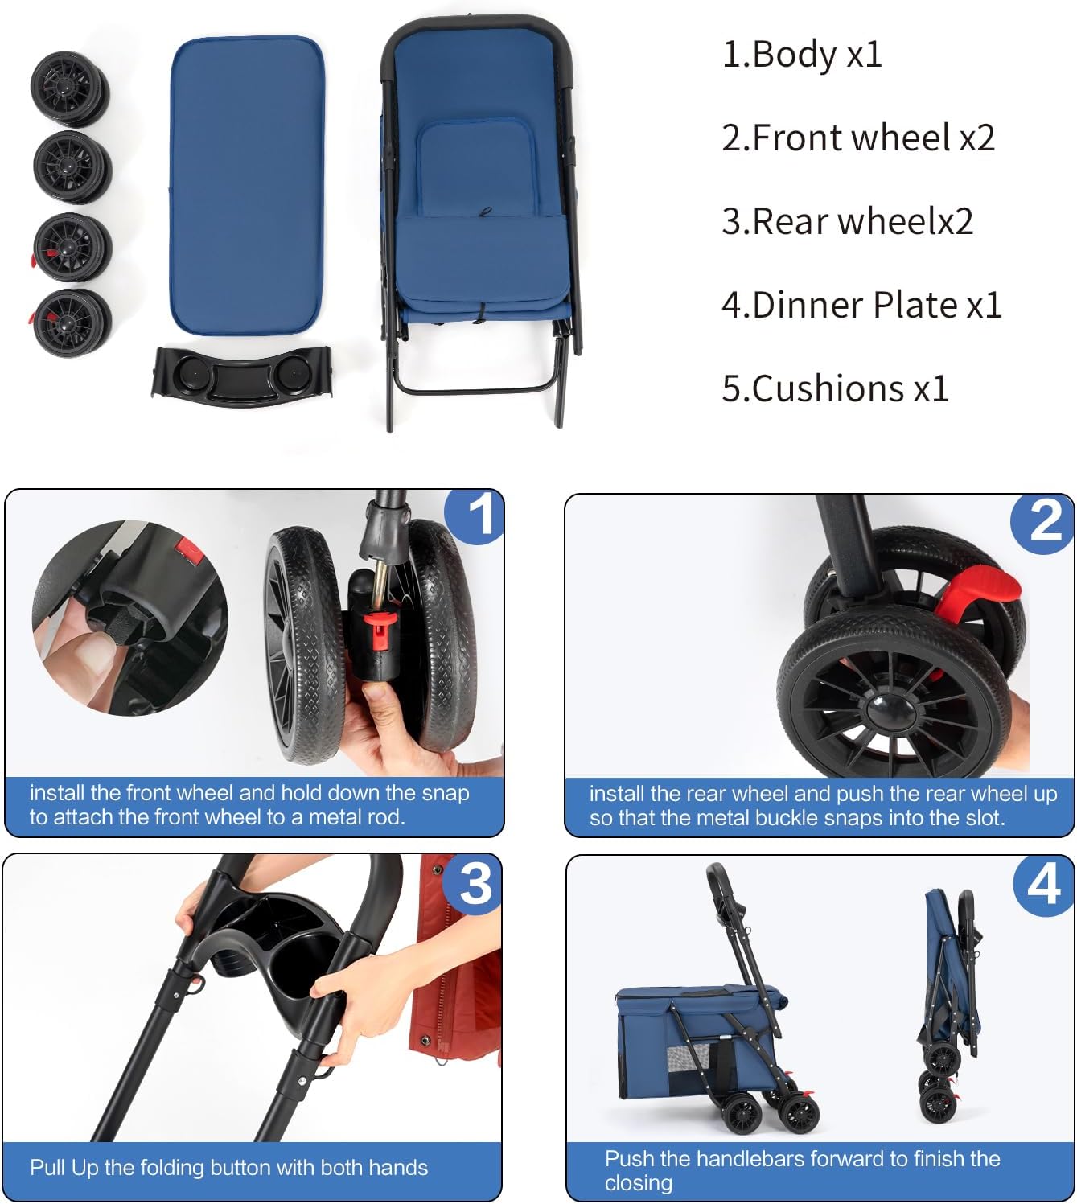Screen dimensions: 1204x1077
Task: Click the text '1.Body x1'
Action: coord(802,55)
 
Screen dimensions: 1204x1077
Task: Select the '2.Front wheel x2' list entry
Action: coord(857,138)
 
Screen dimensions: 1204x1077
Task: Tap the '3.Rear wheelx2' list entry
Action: coord(847,221)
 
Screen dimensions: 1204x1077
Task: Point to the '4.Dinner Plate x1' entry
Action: coord(861,305)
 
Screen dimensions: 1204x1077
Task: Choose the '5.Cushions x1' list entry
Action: coord(835,388)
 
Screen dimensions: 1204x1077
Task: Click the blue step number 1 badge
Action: coord(477,515)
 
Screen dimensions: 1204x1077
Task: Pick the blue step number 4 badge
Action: coord(1043,885)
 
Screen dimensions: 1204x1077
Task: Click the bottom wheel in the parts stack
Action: coord(71,322)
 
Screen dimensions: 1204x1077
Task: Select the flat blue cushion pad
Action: coord(247,187)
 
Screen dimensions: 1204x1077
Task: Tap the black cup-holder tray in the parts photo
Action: coord(241,376)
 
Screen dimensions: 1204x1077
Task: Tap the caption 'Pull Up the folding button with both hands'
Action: coord(228,1168)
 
